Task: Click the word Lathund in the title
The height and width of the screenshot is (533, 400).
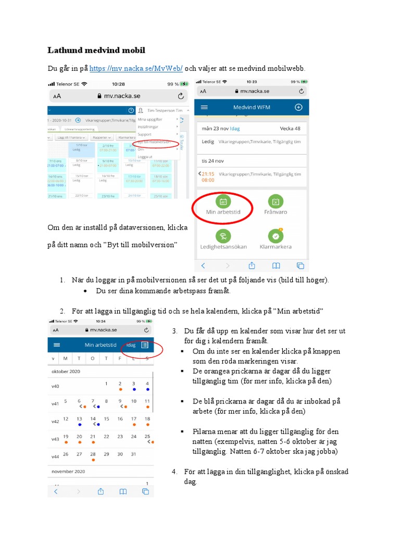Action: pos(66,50)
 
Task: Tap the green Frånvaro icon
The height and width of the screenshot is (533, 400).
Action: pos(276,201)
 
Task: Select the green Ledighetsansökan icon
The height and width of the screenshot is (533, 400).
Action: pos(223,236)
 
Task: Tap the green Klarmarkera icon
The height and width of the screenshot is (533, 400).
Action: pos(276,236)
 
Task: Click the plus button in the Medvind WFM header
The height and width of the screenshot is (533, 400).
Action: pos(298,107)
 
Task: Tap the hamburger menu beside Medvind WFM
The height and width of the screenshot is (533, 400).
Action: pos(204,107)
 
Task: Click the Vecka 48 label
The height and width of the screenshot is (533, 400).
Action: pos(290,128)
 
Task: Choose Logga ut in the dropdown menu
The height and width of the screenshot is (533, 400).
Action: pos(145,156)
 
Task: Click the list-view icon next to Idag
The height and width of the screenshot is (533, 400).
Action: pos(145,345)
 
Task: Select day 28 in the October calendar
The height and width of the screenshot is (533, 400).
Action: pos(93,454)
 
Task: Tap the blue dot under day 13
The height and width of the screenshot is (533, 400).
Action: pos(79,425)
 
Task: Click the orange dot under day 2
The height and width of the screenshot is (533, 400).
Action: pos(120,389)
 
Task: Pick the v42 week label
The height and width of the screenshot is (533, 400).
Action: pos(55,422)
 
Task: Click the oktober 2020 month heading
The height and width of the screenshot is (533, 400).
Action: pos(66,372)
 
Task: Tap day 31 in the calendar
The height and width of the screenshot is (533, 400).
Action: pos(133,454)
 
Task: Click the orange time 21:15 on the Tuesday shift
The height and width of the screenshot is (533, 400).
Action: pos(208,173)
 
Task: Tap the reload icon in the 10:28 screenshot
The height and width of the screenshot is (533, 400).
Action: pos(181,96)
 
